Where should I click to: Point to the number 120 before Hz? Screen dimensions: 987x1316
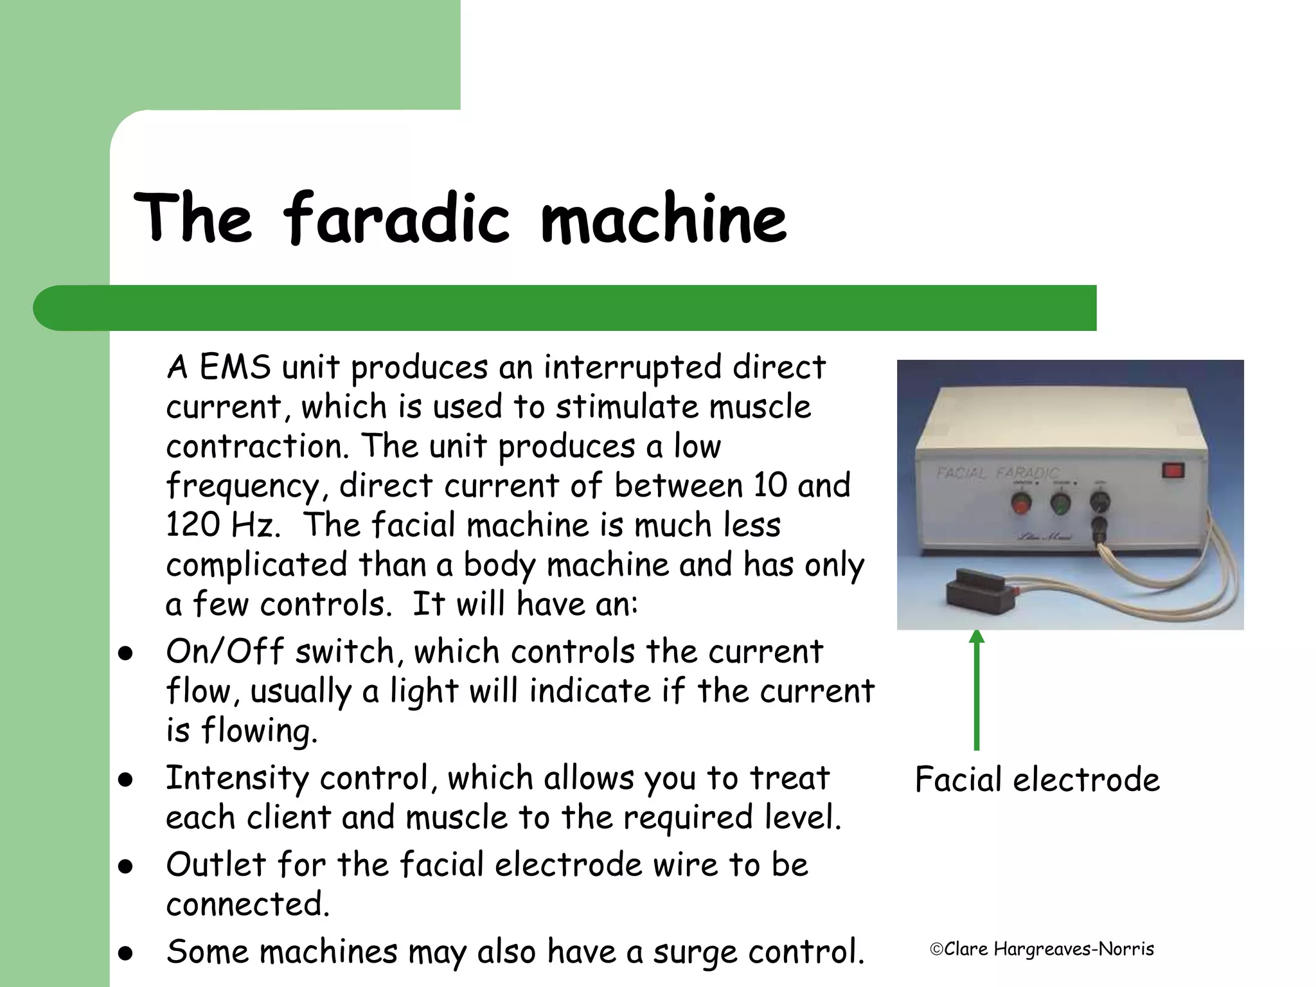190,524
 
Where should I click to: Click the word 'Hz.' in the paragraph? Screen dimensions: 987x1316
256,524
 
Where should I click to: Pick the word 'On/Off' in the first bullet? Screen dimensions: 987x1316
224,652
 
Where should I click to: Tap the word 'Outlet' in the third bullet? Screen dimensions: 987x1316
216,864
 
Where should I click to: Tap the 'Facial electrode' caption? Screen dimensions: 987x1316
1037,779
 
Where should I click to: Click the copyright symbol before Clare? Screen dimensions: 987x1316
936,949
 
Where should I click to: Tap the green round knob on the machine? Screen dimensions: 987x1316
1060,503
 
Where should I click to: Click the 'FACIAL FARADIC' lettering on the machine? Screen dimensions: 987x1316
996,474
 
